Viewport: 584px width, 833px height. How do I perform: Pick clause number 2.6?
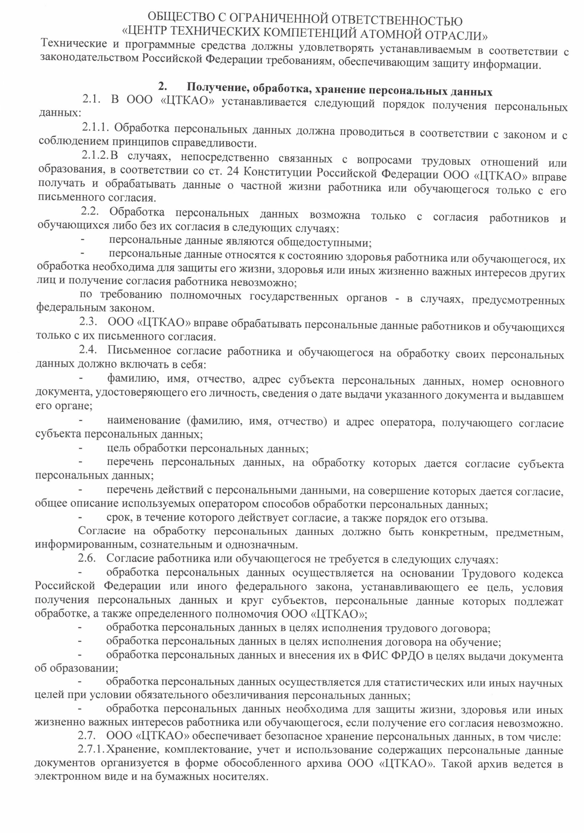tap(87, 558)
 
